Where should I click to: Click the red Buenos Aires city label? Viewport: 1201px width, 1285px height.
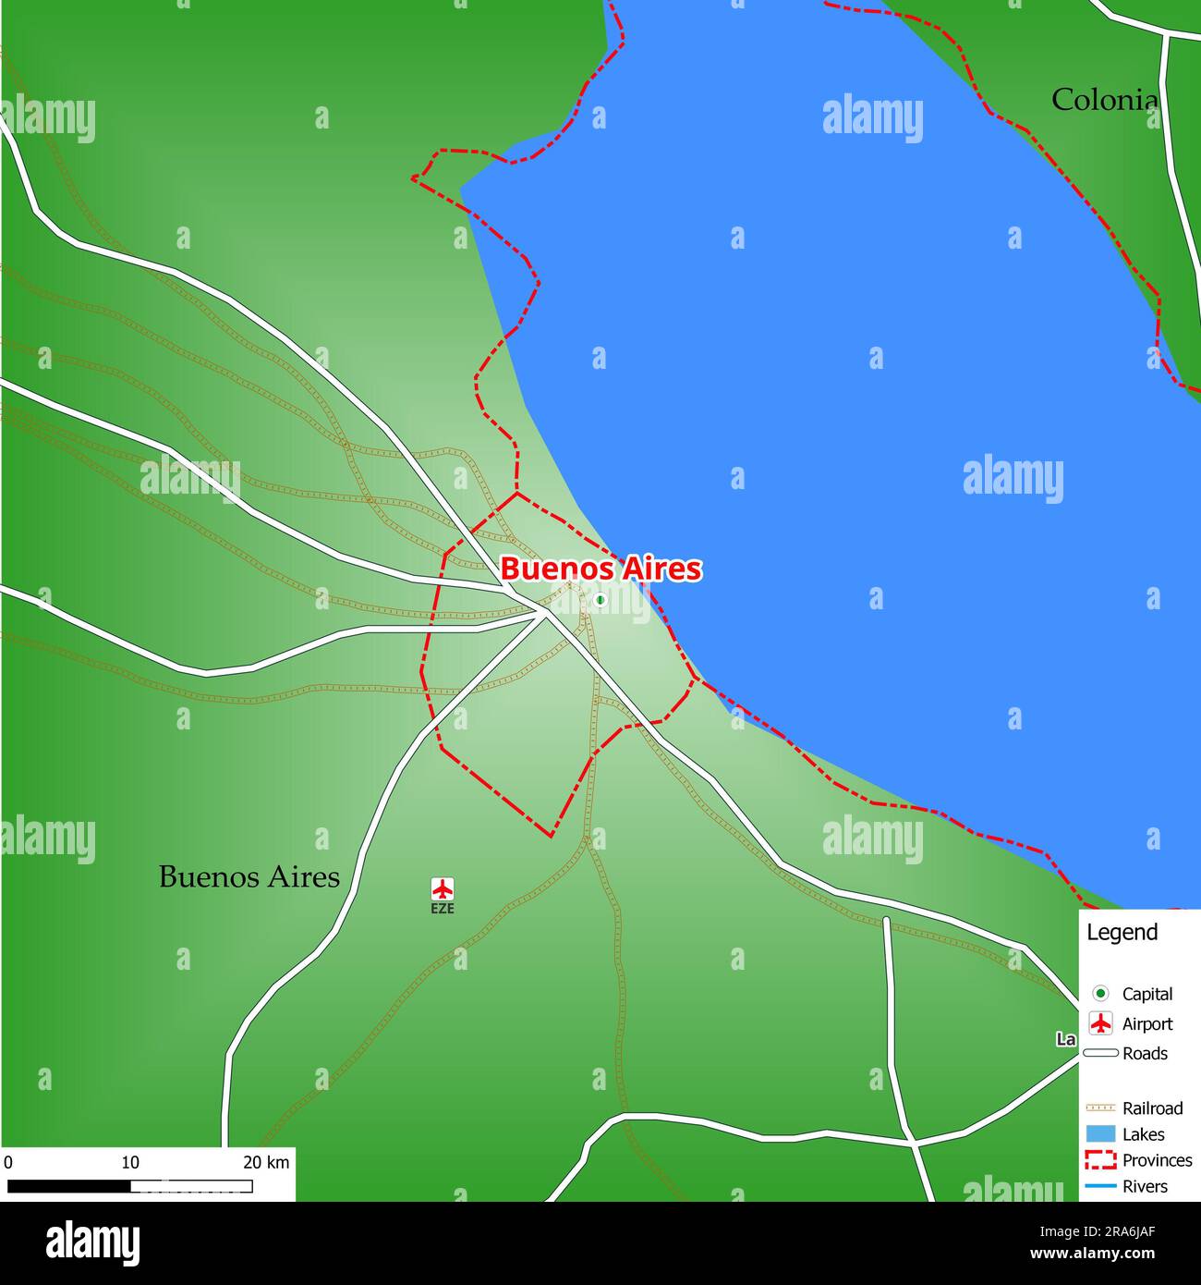[600, 569]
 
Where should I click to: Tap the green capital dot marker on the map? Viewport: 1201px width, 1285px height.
[600, 600]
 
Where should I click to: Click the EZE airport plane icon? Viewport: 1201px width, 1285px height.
[443, 889]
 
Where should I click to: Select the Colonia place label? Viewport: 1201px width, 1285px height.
[1104, 100]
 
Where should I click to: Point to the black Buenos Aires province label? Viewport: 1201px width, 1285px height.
[249, 876]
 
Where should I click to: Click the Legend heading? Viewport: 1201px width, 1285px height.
[1122, 933]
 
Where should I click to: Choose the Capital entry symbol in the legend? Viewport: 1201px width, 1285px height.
[1100, 994]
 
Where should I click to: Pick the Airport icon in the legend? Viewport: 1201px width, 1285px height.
[1100, 1023]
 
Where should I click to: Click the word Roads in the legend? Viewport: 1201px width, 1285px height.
[1145, 1054]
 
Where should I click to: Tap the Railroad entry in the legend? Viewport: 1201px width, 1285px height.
[1151, 1108]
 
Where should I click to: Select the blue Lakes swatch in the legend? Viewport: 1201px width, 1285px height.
[1100, 1134]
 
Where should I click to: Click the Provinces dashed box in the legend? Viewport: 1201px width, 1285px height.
[1100, 1159]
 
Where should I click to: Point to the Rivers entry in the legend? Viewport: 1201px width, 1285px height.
[1145, 1186]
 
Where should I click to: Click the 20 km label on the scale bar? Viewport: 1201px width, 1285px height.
[266, 1162]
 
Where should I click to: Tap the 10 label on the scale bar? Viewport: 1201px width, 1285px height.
[130, 1162]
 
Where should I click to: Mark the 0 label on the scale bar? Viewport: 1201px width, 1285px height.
[8, 1162]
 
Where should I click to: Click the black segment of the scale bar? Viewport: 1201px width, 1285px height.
[68, 1186]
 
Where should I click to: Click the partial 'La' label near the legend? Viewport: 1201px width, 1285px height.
[1066, 1039]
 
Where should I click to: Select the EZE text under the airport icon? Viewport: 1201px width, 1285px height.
[443, 909]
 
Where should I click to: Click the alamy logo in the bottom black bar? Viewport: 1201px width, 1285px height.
[92, 1243]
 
